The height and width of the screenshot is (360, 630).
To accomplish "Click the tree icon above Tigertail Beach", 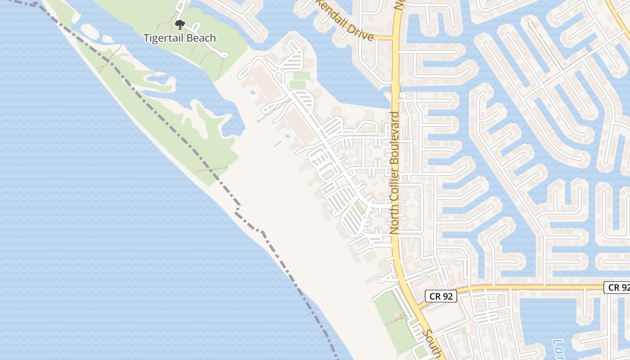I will pos(180,24).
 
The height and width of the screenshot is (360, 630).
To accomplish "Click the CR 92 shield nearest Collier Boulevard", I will pos(441,296).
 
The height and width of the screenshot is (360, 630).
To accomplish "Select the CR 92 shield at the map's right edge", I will pos(618,287).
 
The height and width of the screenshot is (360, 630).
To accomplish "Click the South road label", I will pos(433,345).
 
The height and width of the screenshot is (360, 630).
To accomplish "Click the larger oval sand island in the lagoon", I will pos(89,31).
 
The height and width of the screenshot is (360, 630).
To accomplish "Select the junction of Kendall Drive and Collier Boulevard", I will pos(394,38).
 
